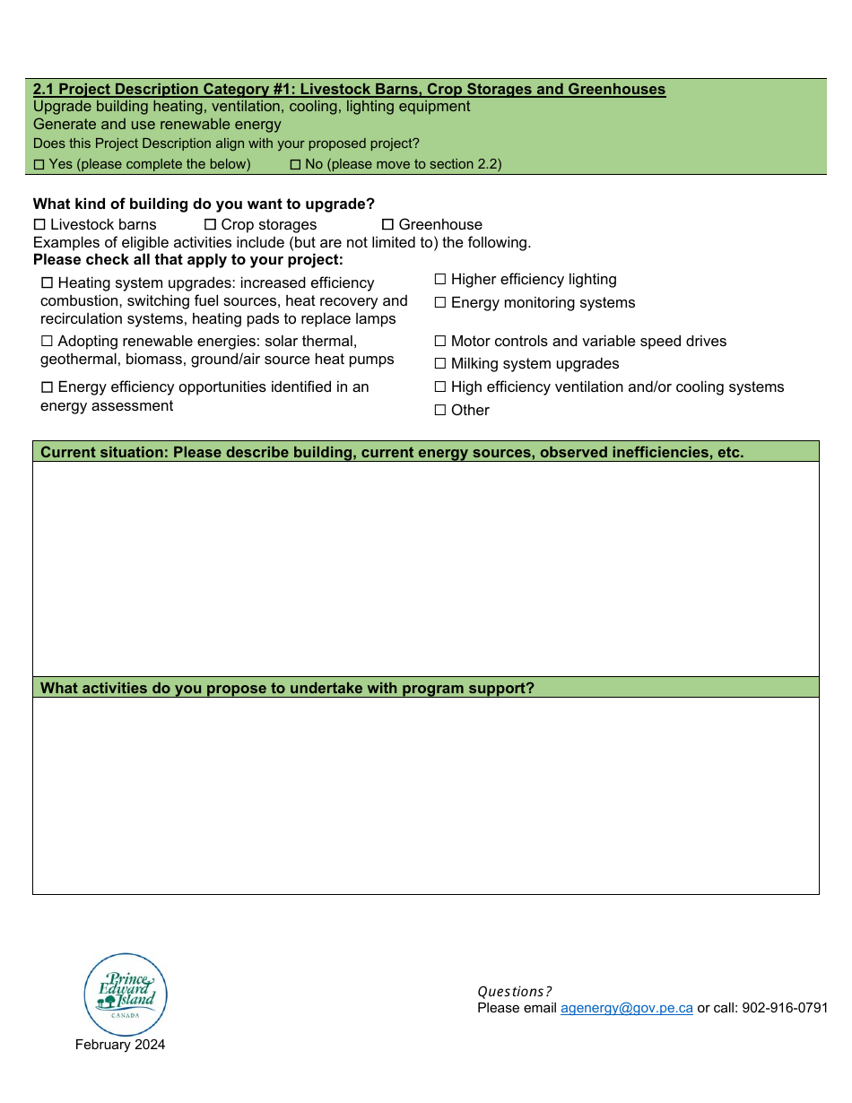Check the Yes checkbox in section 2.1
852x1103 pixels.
39,165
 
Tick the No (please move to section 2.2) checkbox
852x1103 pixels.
295,165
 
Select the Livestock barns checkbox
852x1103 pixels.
39,225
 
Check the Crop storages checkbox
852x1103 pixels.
210,225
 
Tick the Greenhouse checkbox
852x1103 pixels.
388,225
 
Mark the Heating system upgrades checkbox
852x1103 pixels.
47,283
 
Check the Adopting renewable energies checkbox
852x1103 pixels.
47,342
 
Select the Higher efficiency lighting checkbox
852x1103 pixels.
440,280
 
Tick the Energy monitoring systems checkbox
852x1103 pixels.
440,303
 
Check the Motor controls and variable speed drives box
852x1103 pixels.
440,342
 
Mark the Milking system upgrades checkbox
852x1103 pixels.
440,364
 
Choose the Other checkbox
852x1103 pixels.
440,411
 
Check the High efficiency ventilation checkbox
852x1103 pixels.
440,387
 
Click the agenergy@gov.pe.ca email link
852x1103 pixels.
626,1008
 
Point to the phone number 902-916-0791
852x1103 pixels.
787,1008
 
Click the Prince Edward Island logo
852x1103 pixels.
126,994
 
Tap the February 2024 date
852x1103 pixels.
120,1045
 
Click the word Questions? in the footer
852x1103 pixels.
514,992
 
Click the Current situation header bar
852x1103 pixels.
426,452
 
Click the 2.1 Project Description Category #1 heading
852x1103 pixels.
349,90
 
